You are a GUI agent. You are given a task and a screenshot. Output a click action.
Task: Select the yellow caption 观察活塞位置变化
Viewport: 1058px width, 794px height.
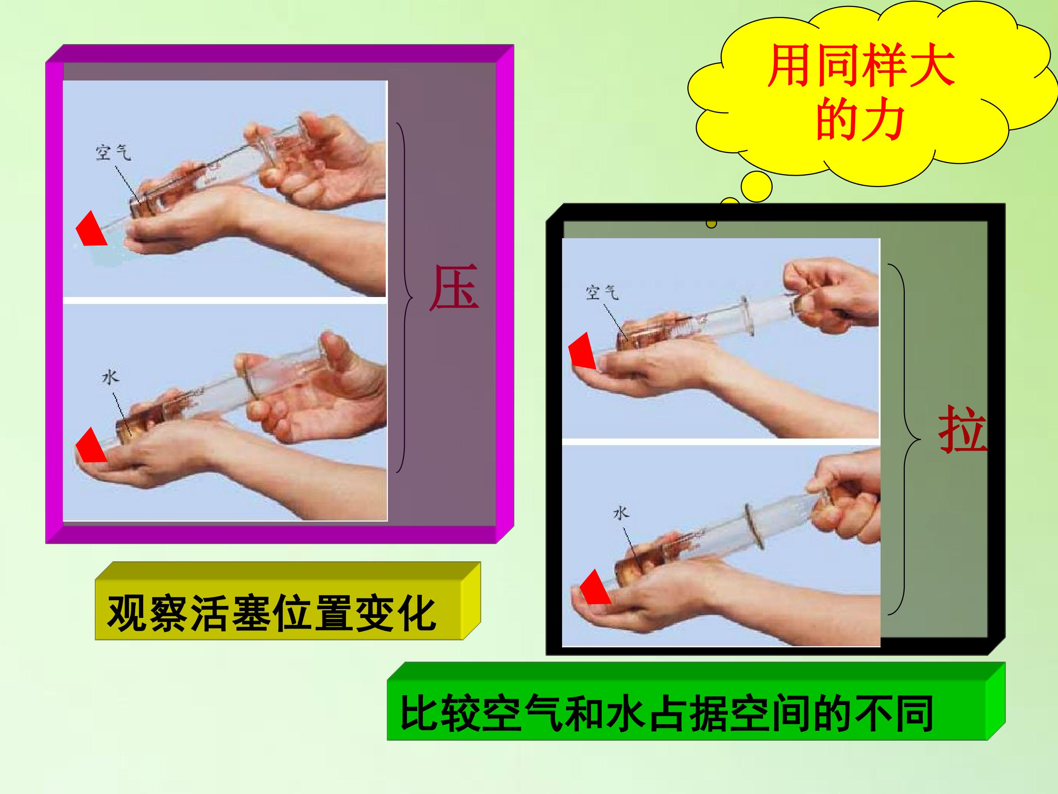(272, 614)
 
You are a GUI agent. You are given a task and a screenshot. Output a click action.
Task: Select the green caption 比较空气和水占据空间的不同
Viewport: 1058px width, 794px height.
(667, 715)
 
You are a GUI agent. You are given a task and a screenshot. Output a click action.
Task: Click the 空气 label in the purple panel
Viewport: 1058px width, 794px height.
(114, 153)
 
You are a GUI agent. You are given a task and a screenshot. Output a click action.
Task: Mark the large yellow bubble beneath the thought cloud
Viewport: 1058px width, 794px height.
(756, 187)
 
